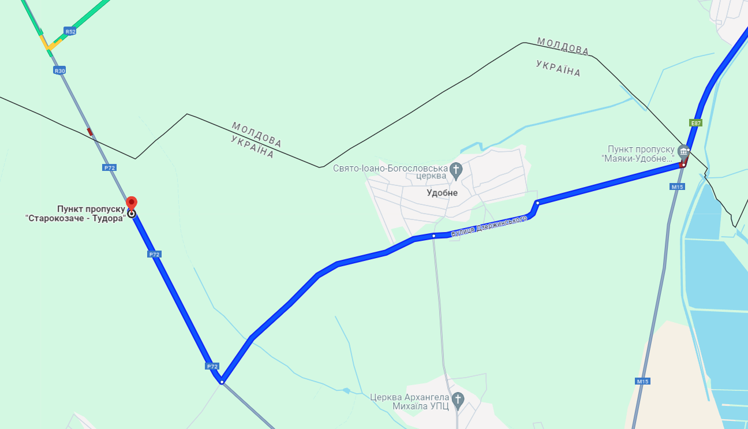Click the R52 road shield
70,31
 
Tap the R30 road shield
59,70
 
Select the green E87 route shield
695,122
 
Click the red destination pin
132,203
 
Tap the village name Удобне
442,193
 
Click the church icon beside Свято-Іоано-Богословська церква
456,170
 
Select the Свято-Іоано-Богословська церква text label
390,171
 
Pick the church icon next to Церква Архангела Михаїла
458,398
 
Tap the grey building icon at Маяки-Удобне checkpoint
683,151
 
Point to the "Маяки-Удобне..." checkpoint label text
637,154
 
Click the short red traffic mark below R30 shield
89,132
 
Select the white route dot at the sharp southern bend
222,381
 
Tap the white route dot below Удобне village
433,236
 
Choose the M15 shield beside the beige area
643,382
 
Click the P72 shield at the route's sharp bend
212,366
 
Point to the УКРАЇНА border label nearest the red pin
252,148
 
